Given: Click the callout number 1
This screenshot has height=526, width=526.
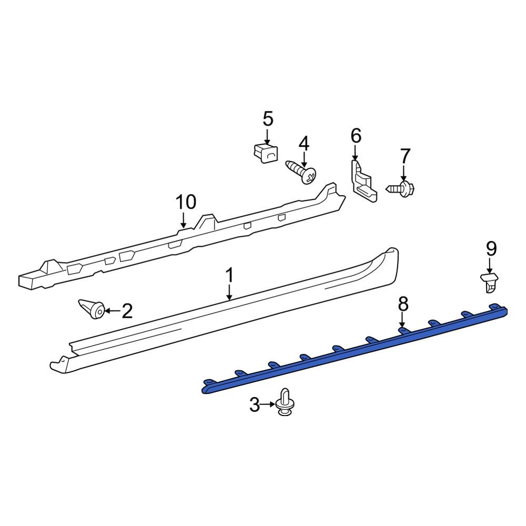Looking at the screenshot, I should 229,275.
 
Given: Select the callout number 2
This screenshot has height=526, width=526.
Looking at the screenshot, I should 127,311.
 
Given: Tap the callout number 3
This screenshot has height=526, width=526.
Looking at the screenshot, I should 255,405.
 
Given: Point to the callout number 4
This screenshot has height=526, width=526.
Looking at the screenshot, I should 304,143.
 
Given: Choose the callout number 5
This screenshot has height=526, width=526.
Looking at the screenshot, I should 268,119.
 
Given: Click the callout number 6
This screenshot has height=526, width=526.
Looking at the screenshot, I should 356,136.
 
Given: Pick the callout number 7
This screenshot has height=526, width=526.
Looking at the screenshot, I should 404,156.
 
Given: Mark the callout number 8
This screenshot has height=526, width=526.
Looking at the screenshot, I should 402,304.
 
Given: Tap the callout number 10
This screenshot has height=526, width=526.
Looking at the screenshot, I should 186,201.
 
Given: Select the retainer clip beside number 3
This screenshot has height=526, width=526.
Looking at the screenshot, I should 285,404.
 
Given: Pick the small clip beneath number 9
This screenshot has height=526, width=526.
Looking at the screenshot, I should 489,282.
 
